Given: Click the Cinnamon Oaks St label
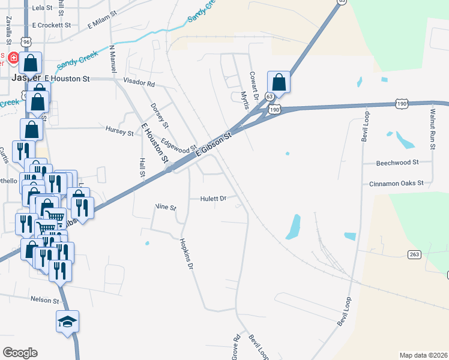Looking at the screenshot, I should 396,182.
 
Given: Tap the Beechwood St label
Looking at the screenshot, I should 397,163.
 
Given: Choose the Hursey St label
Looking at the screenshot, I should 119,131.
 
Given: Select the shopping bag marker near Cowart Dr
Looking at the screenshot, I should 279,81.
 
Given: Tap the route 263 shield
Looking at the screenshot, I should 414,254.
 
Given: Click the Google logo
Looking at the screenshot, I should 20,353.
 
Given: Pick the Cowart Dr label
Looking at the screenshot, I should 253,86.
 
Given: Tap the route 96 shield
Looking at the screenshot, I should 25,41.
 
